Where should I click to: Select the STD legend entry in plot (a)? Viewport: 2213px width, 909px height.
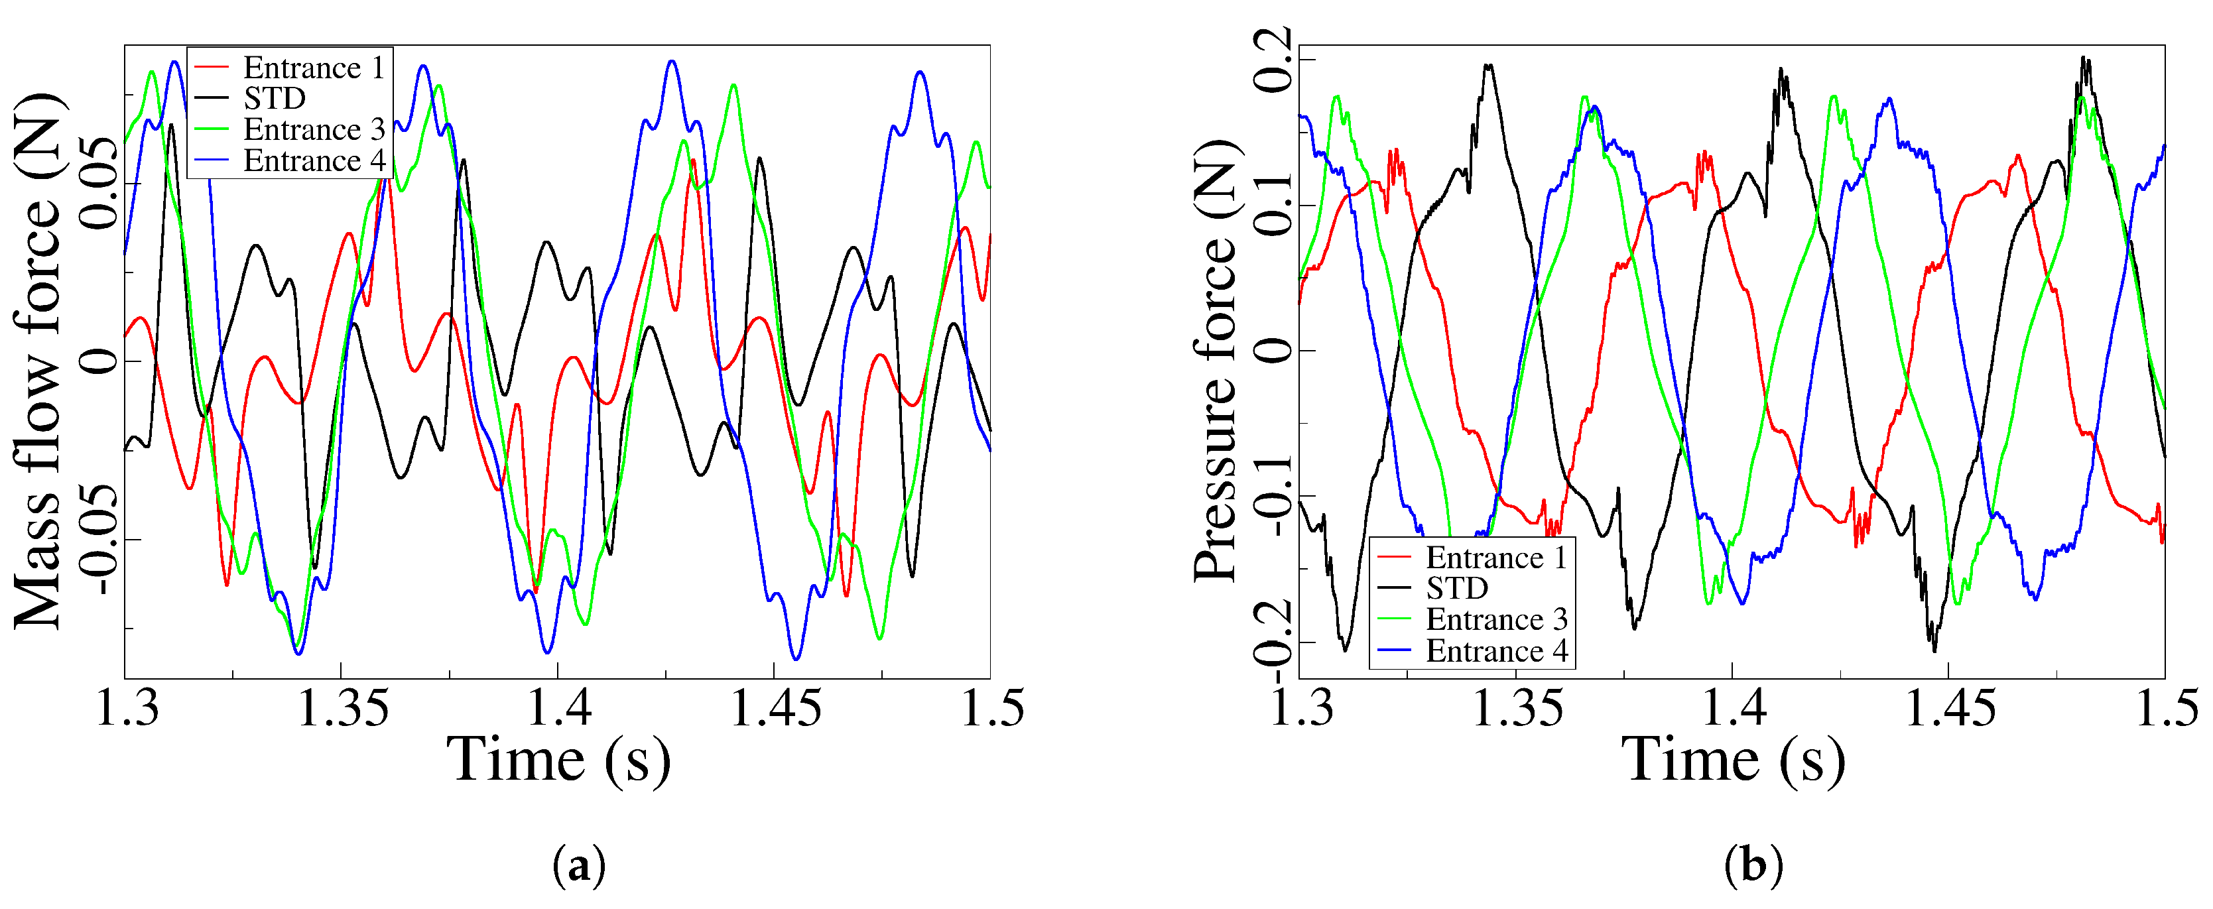(x=274, y=99)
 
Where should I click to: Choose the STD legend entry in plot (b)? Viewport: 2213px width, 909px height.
(x=1457, y=589)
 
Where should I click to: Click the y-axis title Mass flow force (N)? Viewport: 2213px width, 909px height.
(x=38, y=361)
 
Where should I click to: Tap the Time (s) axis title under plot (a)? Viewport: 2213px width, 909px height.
(x=558, y=760)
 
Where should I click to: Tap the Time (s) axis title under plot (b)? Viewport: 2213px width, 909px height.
(x=1733, y=760)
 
